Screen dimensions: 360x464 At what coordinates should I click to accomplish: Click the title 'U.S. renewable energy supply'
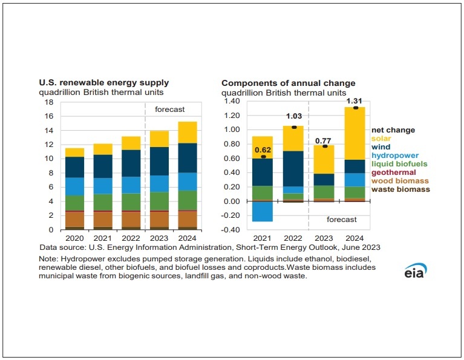[x=104, y=83]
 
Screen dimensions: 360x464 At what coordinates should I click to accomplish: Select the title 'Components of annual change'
[x=288, y=83]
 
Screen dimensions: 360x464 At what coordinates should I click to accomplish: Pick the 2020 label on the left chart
[x=75, y=238]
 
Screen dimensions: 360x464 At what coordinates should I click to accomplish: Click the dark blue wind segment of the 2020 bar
[x=75, y=167]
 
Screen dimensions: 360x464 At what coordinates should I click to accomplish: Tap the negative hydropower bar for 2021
[x=262, y=211]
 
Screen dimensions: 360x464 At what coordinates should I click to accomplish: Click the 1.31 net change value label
[x=355, y=101]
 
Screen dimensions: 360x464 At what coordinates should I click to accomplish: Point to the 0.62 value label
[x=262, y=149]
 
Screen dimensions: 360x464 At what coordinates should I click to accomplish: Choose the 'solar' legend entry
[x=381, y=139]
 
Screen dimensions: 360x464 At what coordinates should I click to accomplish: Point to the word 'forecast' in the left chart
[x=169, y=110]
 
